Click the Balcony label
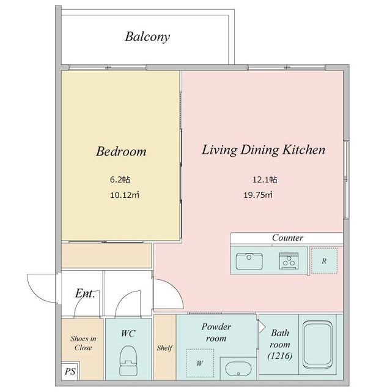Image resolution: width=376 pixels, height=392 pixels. tap(147, 37)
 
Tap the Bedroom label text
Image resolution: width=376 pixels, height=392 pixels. tap(121, 151)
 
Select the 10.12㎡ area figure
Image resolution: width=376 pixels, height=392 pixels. tap(125, 195)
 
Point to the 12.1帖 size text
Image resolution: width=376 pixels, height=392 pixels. tap(265, 179)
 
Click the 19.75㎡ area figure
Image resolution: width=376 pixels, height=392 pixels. tap(258, 195)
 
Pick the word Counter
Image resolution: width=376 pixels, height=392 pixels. tap(288, 238)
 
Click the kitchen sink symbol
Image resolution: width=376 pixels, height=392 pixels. tap(249, 261)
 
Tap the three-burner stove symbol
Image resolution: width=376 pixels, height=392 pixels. tap(289, 261)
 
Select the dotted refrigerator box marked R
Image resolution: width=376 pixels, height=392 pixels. tap(324, 261)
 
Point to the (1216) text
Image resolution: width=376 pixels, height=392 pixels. tap(279, 356)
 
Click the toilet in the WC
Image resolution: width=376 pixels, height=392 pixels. tap(128, 361)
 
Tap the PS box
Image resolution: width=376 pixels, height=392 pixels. tap(70, 371)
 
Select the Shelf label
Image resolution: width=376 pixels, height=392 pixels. tap(164, 348)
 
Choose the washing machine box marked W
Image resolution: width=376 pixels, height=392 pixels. tap(200, 363)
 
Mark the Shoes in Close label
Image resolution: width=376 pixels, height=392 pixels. tap(83, 343)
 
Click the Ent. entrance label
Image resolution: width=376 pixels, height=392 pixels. tap(85, 293)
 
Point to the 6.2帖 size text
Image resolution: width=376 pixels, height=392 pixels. tap(120, 179)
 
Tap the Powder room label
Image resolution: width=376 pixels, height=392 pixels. tap(216, 332)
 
